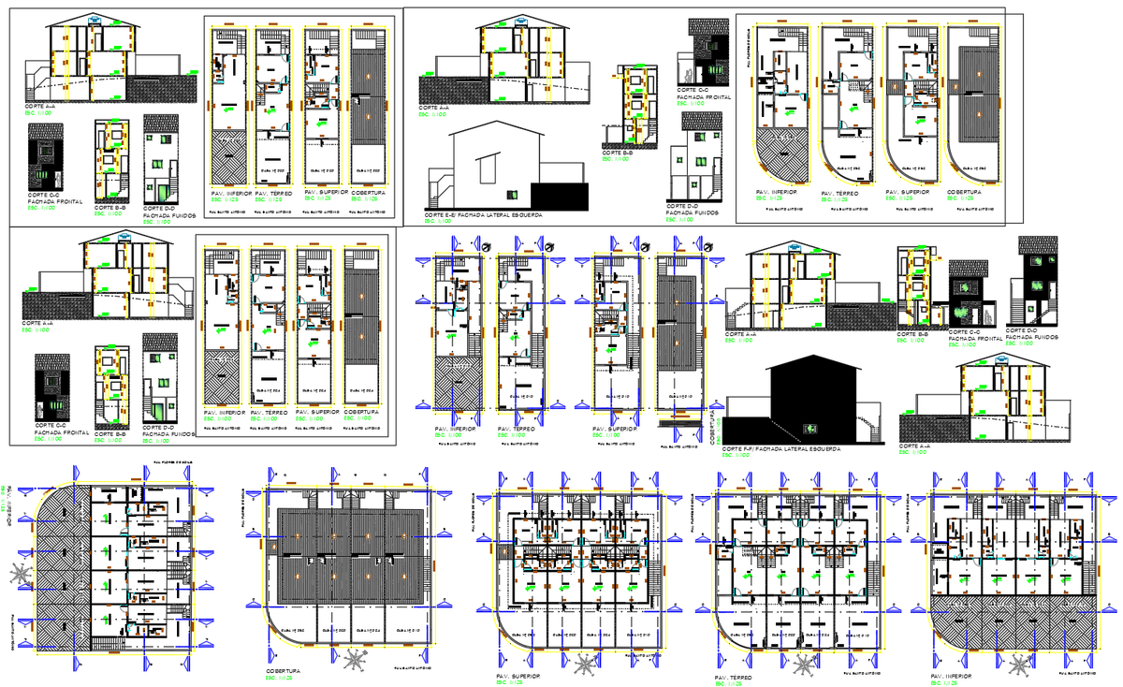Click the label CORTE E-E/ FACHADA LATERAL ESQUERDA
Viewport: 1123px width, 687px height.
point(482,215)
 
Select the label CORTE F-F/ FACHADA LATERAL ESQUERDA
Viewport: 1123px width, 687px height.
point(780,449)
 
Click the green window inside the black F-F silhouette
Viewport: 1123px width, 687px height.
point(809,428)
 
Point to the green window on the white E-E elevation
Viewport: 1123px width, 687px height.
point(512,194)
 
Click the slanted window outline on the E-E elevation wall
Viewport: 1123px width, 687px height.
point(487,169)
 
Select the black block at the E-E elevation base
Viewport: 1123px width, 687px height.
point(560,197)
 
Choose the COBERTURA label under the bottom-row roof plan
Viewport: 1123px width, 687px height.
point(282,670)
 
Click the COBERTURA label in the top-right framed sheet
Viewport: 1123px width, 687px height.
point(963,191)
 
